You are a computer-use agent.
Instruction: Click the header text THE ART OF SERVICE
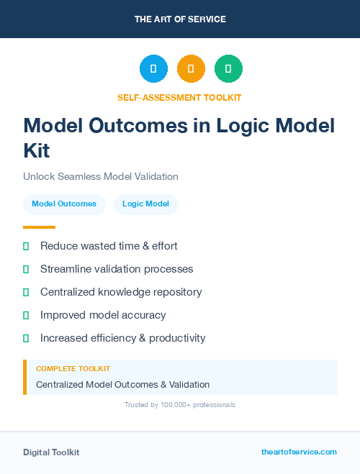tap(180, 19)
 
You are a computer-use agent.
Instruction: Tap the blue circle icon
tap(153, 68)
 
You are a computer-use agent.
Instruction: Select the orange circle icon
tap(191, 68)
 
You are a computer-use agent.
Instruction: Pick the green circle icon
tap(228, 68)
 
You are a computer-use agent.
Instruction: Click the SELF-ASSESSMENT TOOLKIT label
tap(179, 97)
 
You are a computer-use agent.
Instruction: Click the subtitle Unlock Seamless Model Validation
tap(100, 176)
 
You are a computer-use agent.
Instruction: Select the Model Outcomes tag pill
tap(64, 204)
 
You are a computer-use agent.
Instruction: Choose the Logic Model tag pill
tap(145, 204)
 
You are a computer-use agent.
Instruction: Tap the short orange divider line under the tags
tap(39, 227)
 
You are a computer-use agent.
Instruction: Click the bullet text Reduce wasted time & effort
tap(109, 246)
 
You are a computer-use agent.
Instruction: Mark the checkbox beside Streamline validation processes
tap(26, 269)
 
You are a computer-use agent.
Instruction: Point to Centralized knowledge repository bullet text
tap(121, 292)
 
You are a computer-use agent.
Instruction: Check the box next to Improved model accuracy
tap(26, 315)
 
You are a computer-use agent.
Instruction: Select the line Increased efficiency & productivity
tap(122, 338)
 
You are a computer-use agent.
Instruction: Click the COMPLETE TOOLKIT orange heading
tap(73, 368)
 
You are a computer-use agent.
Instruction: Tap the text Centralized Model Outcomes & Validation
tap(122, 384)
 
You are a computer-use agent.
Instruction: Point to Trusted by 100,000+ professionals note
tap(179, 405)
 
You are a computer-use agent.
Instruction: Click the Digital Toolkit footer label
tap(51, 452)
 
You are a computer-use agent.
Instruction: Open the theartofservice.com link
tap(299, 452)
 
